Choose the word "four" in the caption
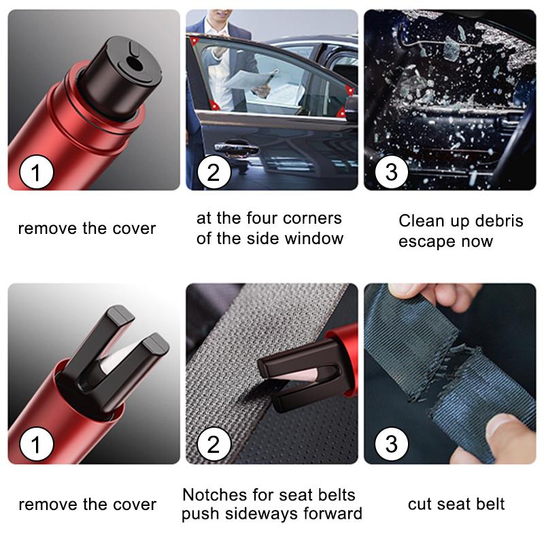click(x=263, y=219)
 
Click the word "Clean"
click(x=422, y=221)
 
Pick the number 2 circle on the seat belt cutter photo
click(x=214, y=445)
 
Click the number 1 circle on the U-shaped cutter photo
click(x=35, y=445)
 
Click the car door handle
click(x=231, y=147)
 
